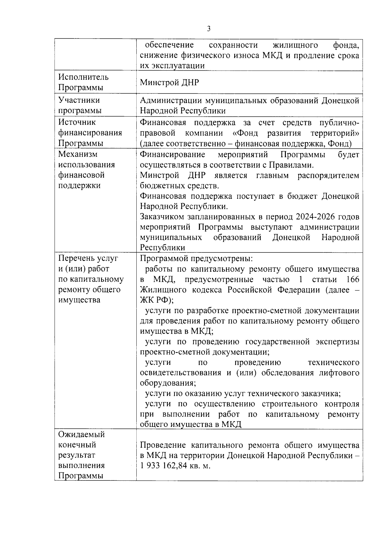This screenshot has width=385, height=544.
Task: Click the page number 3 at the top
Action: [x=209, y=29]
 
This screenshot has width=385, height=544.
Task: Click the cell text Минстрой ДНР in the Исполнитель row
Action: [x=169, y=83]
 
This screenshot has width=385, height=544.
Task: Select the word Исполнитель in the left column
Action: [x=83, y=77]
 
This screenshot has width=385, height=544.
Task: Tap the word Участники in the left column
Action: [x=79, y=100]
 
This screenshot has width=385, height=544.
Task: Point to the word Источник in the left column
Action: [x=77, y=122]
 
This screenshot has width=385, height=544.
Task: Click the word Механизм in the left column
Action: [x=78, y=154]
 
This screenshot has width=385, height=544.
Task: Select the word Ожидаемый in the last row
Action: [x=81, y=434]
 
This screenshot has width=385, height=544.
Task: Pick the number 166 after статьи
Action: [x=352, y=279]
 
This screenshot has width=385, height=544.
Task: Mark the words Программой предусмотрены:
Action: [x=196, y=259]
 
